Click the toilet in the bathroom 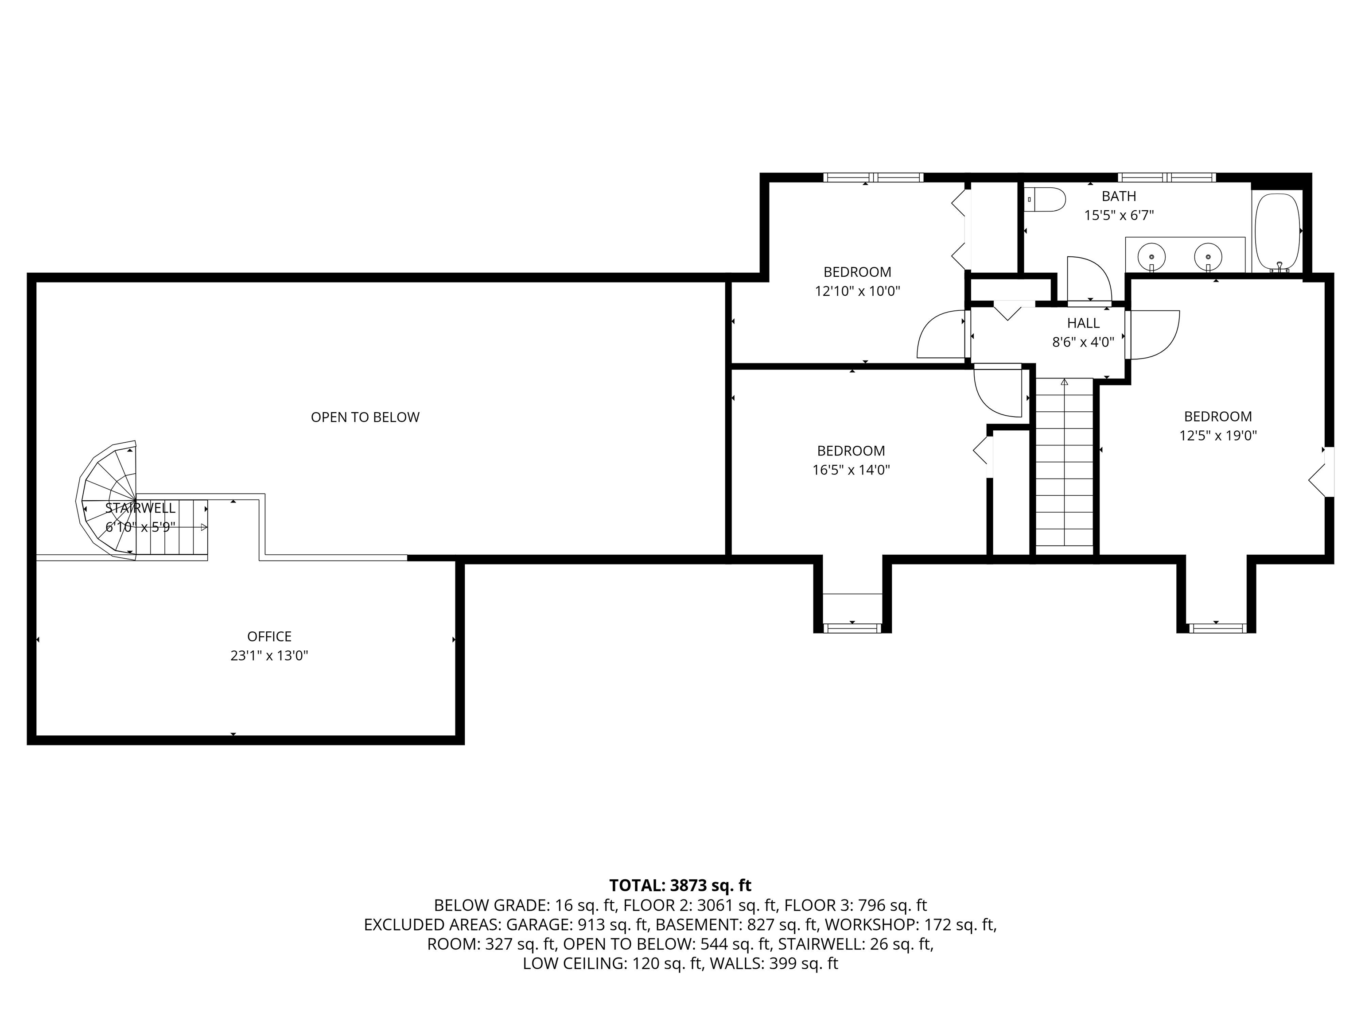tap(1046, 200)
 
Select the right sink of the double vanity tap(1208, 255)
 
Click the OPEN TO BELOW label tap(365, 417)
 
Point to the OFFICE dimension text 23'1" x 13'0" tap(269, 655)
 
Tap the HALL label tap(1083, 323)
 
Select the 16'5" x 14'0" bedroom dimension tap(851, 470)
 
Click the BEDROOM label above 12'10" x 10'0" tap(857, 272)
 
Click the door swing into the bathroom tap(1088, 280)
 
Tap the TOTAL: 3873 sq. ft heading tap(680, 885)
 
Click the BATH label tap(1119, 196)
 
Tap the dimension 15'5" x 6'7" tap(1119, 215)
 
